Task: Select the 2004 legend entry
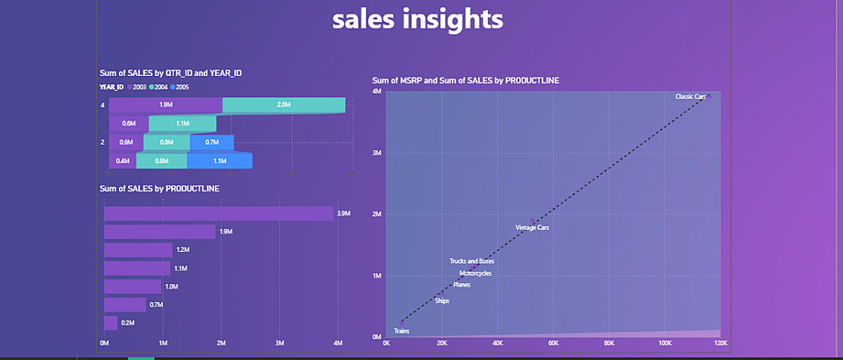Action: tap(157, 87)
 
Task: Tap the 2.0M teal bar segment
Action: tap(283, 105)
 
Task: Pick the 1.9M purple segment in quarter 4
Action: tap(165, 105)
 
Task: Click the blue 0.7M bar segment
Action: tap(212, 142)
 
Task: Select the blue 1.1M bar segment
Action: tap(220, 160)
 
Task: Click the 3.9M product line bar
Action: tap(218, 213)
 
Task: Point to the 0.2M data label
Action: tap(127, 323)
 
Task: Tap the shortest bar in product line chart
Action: tap(110, 323)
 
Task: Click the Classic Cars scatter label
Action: tap(690, 97)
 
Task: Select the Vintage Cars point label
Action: tap(532, 228)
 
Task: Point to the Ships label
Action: tap(443, 301)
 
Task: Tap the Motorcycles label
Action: tap(475, 273)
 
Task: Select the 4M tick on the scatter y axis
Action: tap(379, 91)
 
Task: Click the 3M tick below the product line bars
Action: tap(279, 343)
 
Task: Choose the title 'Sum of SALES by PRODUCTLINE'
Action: tap(159, 189)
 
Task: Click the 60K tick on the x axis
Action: tap(553, 343)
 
